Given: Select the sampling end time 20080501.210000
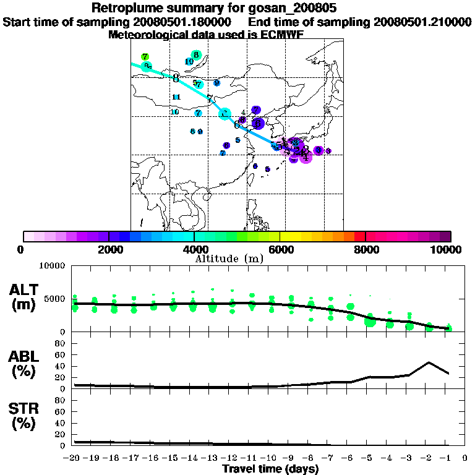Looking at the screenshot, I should pos(422,22).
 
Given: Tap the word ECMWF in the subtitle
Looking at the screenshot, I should pos(283,35).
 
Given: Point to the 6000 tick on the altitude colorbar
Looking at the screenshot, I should pos(280,249).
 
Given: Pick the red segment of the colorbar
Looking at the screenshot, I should pos(360,236).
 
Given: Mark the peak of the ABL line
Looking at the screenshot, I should pos(428,362).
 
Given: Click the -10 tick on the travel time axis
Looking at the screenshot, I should pos(270,458).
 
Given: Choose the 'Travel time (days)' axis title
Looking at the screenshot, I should pos(270,469).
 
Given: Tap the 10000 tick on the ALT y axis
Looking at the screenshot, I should pos(53,266).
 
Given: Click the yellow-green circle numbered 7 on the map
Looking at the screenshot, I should pos(145,57).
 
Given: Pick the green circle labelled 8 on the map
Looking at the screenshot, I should pos(196,55).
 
